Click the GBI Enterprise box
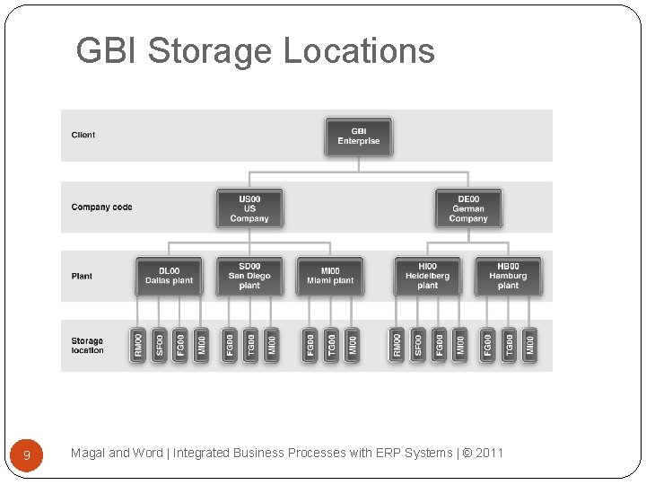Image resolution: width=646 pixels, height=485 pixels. [x=359, y=137]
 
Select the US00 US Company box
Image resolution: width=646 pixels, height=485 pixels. [x=249, y=207]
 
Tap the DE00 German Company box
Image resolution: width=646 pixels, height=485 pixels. [x=468, y=207]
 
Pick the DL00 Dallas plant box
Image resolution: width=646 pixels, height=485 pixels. [x=169, y=276]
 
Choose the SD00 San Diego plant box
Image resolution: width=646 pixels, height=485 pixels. [x=249, y=276]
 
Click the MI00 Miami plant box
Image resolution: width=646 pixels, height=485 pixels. [x=330, y=276]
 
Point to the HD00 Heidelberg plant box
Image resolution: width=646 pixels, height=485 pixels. [x=428, y=276]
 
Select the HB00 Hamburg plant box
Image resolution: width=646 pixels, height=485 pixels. [x=508, y=276]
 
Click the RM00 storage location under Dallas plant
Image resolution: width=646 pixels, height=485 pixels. [x=138, y=346]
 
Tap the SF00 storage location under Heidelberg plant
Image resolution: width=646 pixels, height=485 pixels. [x=417, y=346]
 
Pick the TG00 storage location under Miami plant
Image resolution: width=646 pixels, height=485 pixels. [x=331, y=346]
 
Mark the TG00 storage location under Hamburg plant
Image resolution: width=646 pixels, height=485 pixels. [x=509, y=346]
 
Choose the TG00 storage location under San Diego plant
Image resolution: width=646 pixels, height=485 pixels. [x=250, y=346]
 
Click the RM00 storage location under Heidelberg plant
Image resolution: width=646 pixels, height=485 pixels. [x=397, y=346]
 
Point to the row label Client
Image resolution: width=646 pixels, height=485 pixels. [x=83, y=136]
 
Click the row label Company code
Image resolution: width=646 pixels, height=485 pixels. [x=101, y=207]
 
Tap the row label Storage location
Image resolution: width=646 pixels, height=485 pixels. [x=87, y=346]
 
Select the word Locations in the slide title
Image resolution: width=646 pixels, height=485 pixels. [x=359, y=51]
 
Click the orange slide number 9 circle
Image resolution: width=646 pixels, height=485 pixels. [x=27, y=455]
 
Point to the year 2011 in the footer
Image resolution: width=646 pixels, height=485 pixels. [x=490, y=453]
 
